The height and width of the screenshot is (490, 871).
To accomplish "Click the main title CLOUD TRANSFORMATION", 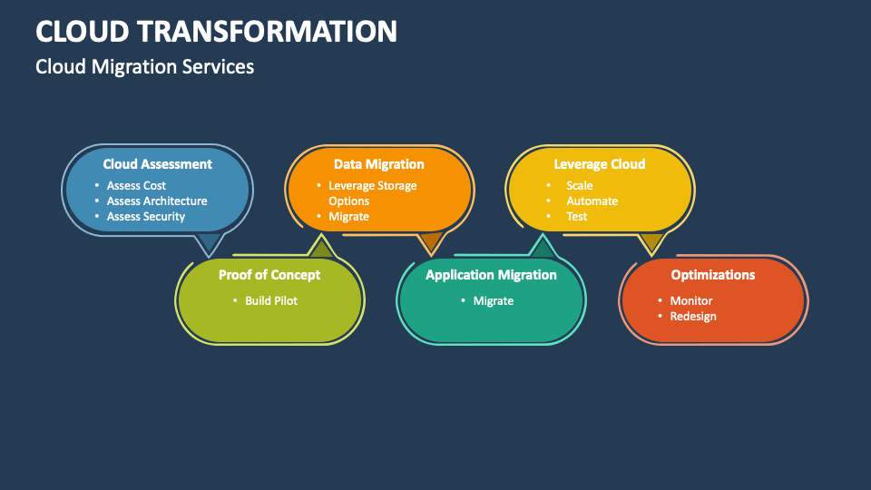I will pos(216,31).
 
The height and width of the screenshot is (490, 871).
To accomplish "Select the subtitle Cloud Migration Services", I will pos(144,67).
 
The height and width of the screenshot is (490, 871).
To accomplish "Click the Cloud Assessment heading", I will pos(157,164).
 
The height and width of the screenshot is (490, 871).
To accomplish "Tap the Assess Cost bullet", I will pos(136,186).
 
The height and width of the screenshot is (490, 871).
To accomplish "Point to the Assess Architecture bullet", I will pos(156,201).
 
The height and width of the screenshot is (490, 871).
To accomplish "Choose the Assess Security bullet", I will pos(145,217).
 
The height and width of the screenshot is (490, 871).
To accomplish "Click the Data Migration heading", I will pos(378,164).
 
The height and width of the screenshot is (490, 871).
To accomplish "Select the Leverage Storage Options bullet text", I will pos(372,193).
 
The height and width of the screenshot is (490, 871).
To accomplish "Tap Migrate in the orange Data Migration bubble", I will pos(348,217).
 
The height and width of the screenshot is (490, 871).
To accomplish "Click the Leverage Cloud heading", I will pos(599,164).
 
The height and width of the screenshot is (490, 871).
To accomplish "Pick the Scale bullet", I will pos(579,186).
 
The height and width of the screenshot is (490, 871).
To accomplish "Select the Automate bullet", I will pos(592,201).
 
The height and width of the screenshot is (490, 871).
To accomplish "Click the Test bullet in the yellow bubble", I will pos(577,217).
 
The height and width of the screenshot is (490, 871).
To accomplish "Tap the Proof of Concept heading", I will pos(269,275).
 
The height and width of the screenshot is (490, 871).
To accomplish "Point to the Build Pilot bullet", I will pos(270,301).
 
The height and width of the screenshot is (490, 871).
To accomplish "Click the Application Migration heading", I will pos(491,275).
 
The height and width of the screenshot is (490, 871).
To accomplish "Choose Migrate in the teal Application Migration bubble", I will pos(493,301).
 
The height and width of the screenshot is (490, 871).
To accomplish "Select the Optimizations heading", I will pos(712,275).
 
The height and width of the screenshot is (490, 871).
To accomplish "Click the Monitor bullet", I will pos(690,301).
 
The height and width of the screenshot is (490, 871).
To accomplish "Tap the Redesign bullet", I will pos(692,317).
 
